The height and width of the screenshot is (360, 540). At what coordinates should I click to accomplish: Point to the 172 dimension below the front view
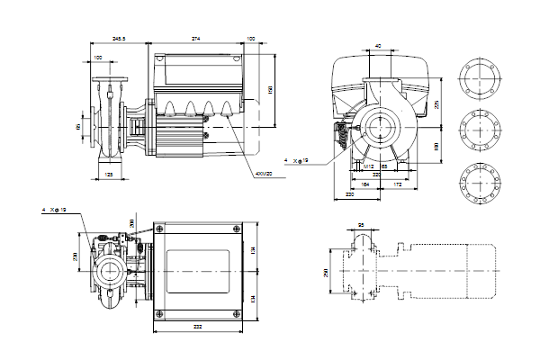pyautogui.click(x=396, y=184)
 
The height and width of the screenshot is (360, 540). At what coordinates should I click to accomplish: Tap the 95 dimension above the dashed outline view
pyautogui.click(x=361, y=225)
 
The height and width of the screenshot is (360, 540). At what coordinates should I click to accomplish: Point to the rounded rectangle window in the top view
pyautogui.click(x=199, y=271)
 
